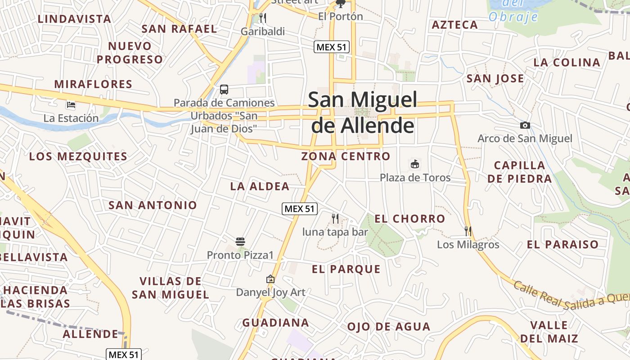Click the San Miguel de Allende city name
(x=363, y=112)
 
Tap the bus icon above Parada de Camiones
(x=224, y=89)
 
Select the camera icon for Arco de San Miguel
(x=525, y=125)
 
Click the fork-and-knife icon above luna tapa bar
(x=335, y=219)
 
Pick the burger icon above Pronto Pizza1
(x=240, y=242)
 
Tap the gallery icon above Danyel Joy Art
(x=270, y=279)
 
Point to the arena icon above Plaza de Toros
(x=415, y=164)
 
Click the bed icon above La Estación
(x=71, y=105)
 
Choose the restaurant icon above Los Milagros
(x=468, y=231)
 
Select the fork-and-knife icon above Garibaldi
(x=263, y=18)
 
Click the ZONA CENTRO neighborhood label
(x=346, y=156)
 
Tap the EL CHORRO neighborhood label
(x=410, y=219)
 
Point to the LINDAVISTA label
(x=74, y=19)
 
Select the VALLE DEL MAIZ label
(x=549, y=332)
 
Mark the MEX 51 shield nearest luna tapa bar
(x=300, y=209)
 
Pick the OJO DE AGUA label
(x=389, y=327)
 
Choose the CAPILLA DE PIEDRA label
(x=519, y=172)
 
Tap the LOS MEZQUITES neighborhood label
(x=78, y=157)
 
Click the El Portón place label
(x=340, y=17)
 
